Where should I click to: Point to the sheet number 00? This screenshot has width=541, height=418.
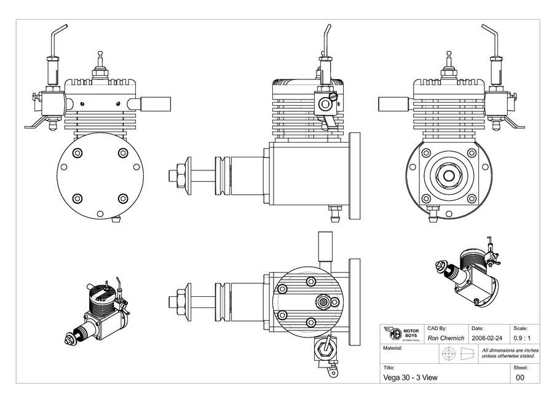pyautogui.click(x=520, y=377)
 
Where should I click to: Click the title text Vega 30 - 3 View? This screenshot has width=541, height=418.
pyautogui.click(x=410, y=377)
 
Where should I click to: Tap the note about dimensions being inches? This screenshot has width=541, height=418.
pyautogui.click(x=508, y=353)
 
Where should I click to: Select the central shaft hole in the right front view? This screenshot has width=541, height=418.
pyautogui.click(x=448, y=175)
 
